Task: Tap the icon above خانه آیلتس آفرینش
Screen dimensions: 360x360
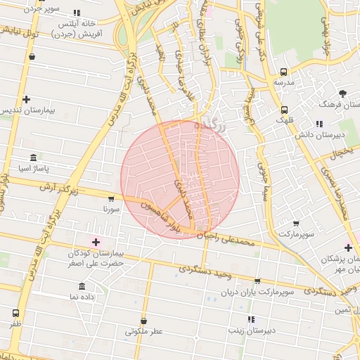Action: [x=77, y=13]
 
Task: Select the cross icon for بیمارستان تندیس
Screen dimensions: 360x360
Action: [x=26, y=100]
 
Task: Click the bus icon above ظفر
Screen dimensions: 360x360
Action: [x=16, y=313]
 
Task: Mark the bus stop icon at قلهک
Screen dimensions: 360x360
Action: [x=284, y=110]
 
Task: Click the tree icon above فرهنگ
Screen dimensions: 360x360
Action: [x=342, y=93]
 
